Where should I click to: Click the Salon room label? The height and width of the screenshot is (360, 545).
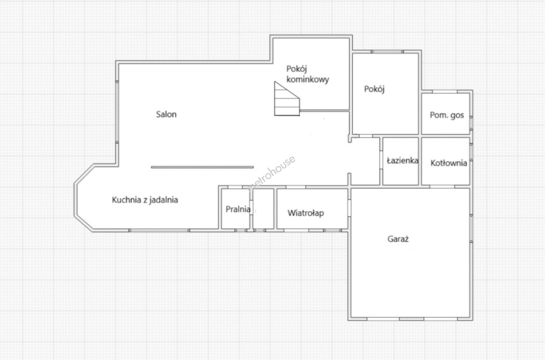166,114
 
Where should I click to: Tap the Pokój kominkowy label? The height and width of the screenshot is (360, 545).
308,74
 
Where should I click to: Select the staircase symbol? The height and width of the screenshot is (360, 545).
287,99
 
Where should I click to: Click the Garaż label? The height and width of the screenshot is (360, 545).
398,239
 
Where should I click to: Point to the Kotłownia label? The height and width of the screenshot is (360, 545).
449,163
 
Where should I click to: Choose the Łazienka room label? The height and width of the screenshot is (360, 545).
402,161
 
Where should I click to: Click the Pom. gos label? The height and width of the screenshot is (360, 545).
447,115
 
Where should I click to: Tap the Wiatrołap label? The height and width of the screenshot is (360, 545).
306,213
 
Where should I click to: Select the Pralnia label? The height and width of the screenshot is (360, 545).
238,209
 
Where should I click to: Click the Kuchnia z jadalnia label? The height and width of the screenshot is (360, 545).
145,200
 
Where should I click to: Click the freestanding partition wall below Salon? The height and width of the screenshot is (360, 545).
202,167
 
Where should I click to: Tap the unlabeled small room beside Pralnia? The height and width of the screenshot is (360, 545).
263,209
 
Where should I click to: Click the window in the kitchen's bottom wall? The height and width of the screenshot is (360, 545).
159,230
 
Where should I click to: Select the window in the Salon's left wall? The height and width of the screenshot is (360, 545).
117,112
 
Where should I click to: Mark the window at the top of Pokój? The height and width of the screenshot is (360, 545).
387,52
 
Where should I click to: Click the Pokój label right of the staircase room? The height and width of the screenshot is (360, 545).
374,89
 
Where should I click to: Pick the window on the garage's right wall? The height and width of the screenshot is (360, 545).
471,229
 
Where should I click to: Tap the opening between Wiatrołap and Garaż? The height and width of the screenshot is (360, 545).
349,208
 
